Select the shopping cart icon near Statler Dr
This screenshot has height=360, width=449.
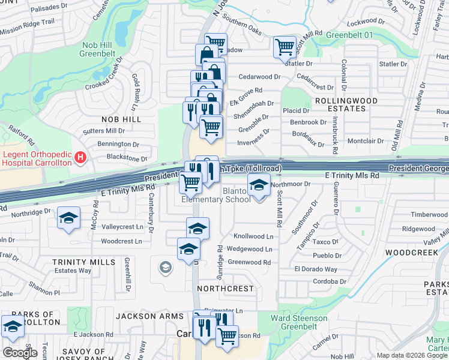(285, 47)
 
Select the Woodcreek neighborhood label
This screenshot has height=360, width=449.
(412, 253)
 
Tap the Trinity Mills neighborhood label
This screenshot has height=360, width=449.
(83, 262)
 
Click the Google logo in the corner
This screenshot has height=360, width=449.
(20, 353)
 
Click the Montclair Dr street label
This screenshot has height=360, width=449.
(366, 141)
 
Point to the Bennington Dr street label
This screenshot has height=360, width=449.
(118, 144)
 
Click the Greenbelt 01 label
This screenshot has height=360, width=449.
(349, 35)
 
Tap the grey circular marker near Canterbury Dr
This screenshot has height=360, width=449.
(166, 268)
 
